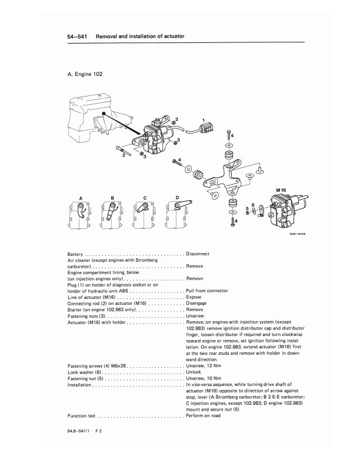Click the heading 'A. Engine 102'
tap(88, 75)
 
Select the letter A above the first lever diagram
tap(81, 197)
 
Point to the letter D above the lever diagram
tap(176, 197)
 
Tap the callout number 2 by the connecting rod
tap(123, 156)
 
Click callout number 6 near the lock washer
tap(253, 205)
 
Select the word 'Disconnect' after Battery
tap(198, 254)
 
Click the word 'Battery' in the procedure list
tap(77, 254)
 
